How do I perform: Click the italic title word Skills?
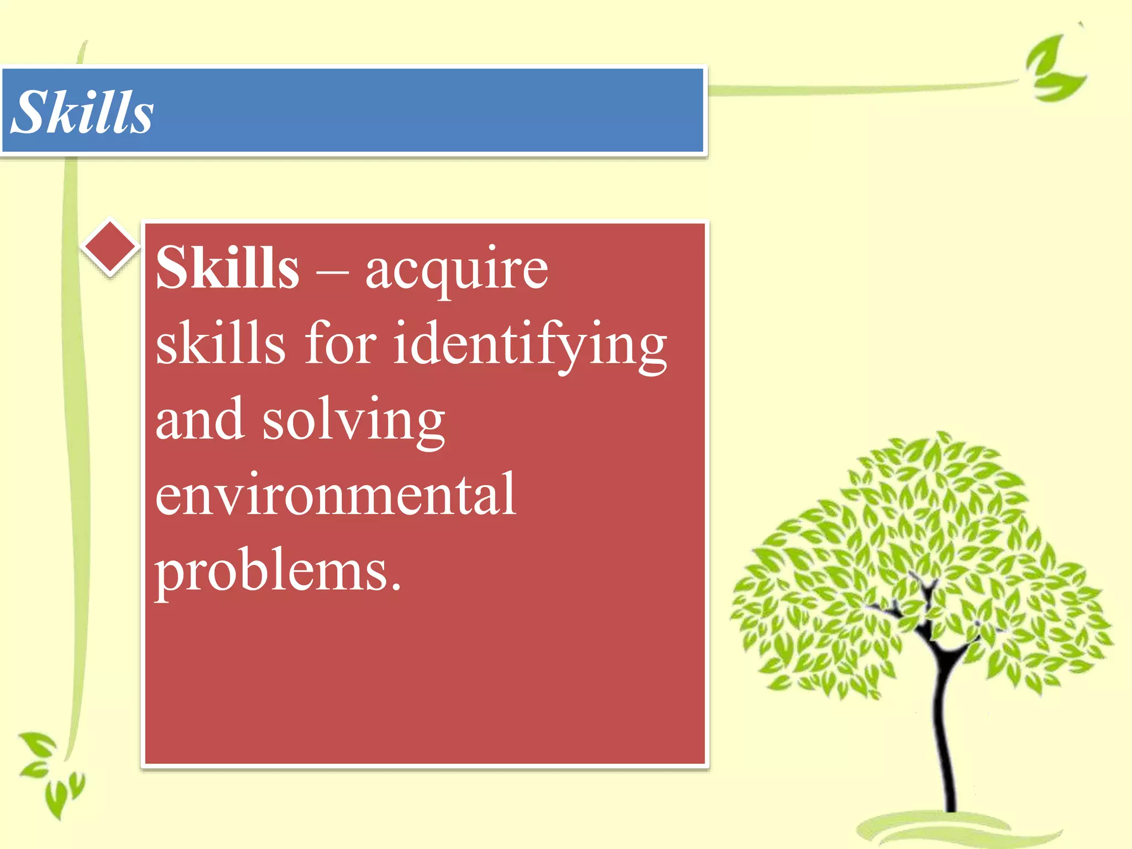tap(82, 112)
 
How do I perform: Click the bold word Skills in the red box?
tap(227, 268)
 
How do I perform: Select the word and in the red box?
tap(200, 420)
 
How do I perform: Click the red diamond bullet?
tap(110, 246)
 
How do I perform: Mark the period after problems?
tap(395, 587)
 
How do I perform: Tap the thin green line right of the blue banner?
tap(862, 88)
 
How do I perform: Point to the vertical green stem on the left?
tap(75, 442)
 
